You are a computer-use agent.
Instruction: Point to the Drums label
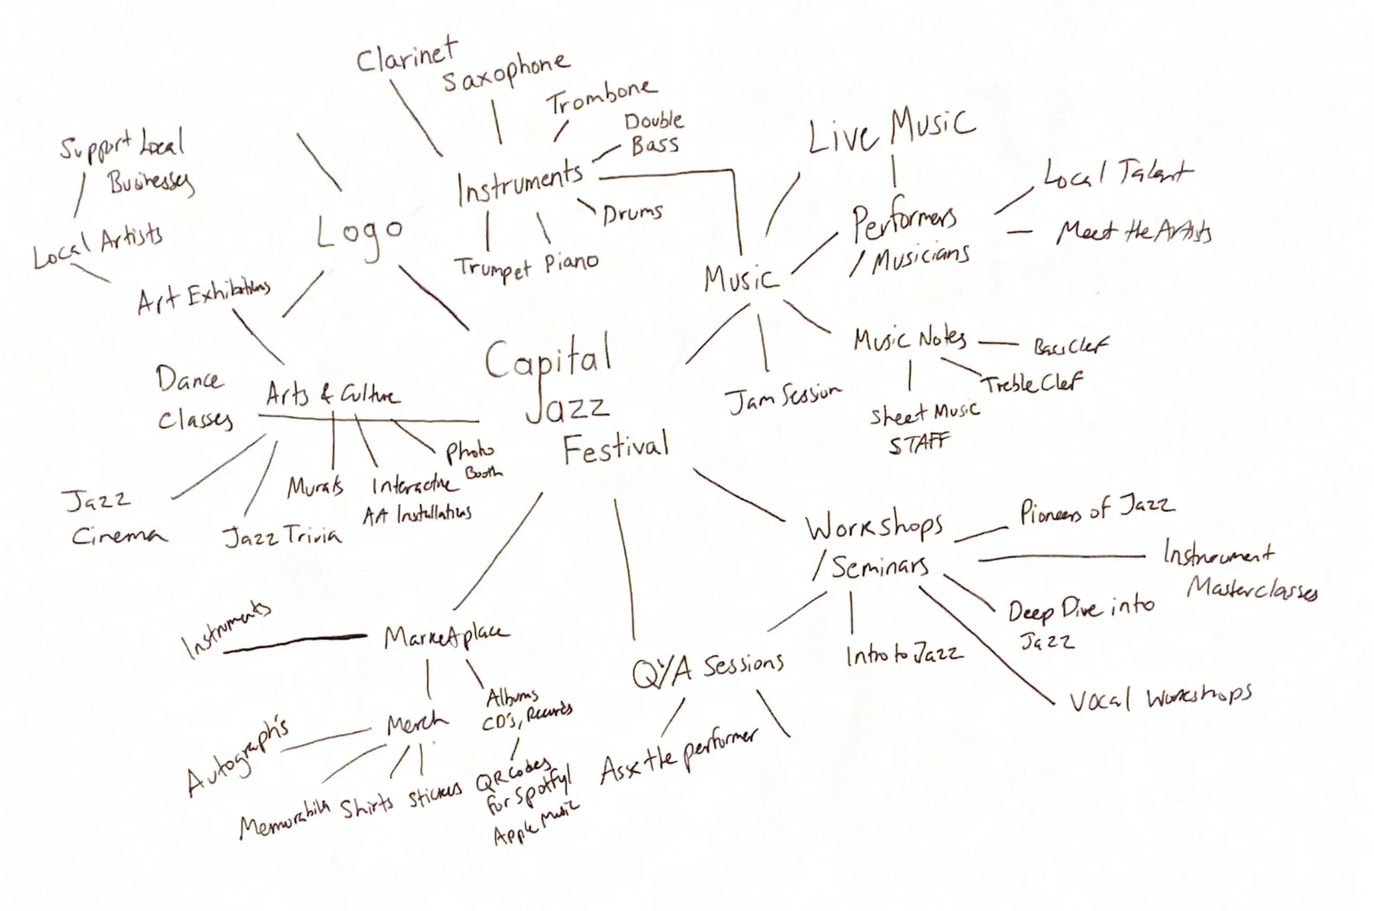point(632,214)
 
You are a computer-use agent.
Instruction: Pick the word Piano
point(571,263)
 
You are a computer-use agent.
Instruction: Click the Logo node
point(360,233)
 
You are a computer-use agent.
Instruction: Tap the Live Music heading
point(891,132)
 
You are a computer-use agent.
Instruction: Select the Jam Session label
point(783,399)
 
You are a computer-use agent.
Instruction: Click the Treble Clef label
point(1032,383)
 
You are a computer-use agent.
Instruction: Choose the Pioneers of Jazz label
point(1096,511)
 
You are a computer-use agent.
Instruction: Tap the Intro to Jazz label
point(904,655)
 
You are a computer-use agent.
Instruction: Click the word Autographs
point(237,758)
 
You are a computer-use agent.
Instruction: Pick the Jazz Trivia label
point(283,536)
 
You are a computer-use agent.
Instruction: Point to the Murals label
point(315,487)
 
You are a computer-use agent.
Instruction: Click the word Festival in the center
point(616,448)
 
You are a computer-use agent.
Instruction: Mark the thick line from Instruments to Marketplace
point(295,643)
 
